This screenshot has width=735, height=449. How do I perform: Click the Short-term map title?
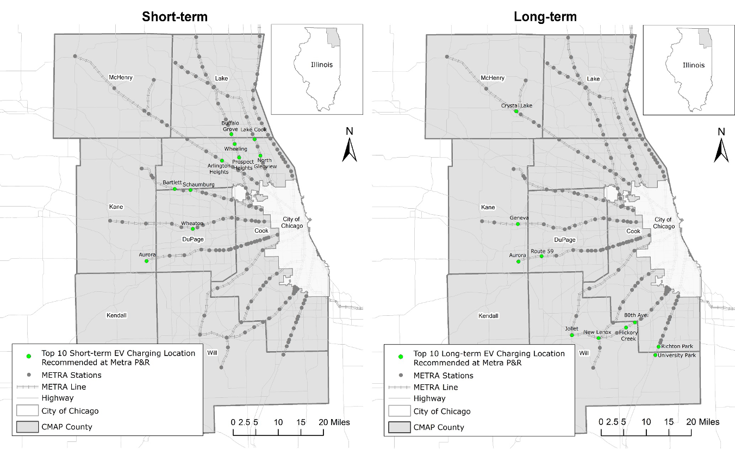[175, 17]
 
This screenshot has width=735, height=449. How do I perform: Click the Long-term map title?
[545, 17]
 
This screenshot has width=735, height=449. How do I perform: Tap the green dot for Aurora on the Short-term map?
[146, 261]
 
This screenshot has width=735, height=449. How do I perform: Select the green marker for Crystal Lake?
[516, 112]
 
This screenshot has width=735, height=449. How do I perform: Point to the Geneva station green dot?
[518, 224]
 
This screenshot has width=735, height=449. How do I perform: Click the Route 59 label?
[542, 251]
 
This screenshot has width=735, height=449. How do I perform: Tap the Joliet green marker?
[572, 335]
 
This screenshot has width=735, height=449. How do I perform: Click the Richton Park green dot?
[659, 346]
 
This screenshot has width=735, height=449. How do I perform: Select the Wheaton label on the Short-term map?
[192, 223]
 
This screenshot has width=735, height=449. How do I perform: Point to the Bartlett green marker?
[175, 189]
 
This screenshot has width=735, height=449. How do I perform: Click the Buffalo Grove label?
[230, 126]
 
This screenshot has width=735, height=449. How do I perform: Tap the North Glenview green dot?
[260, 156]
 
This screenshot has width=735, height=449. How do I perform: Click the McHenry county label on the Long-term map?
[493, 78]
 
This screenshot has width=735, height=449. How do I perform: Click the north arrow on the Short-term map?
[349, 150]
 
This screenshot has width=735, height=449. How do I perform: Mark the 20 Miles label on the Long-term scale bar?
[705, 422]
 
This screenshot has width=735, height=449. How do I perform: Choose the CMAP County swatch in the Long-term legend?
[400, 427]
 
